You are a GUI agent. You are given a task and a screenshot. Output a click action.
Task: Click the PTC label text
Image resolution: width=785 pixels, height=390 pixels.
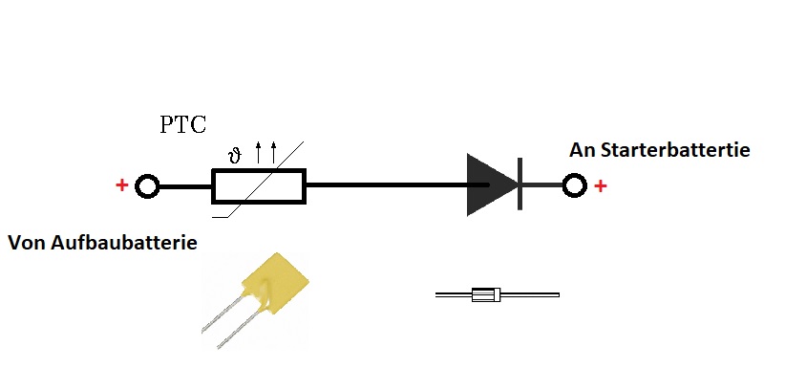tap(182, 124)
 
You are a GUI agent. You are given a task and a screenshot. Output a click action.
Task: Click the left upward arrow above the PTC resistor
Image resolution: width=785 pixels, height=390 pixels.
tap(258, 151)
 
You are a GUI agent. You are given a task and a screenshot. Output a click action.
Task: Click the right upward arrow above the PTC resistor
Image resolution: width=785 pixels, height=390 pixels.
tap(273, 151)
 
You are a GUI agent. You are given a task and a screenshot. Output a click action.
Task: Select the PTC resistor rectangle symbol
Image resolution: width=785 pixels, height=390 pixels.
tap(258, 186)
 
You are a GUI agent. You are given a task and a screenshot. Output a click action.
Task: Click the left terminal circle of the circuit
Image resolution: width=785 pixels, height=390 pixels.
tap(147, 186)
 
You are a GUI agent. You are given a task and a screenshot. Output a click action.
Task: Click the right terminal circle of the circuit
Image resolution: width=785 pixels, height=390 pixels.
tap(574, 185)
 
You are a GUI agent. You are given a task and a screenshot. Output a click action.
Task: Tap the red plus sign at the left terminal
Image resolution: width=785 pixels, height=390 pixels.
tap(121, 185)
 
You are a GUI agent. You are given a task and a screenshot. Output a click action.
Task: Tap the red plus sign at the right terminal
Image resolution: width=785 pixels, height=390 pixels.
tap(600, 185)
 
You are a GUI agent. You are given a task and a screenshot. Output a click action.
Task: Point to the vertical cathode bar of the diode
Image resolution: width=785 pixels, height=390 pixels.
tap(520, 184)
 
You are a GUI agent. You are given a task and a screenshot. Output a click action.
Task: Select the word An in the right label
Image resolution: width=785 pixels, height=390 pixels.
tap(582, 150)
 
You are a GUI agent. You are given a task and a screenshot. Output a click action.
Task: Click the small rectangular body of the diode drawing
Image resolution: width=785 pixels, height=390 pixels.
tap(486, 295)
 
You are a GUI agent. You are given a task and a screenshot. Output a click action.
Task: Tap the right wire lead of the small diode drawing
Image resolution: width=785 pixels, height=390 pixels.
tap(529, 295)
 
